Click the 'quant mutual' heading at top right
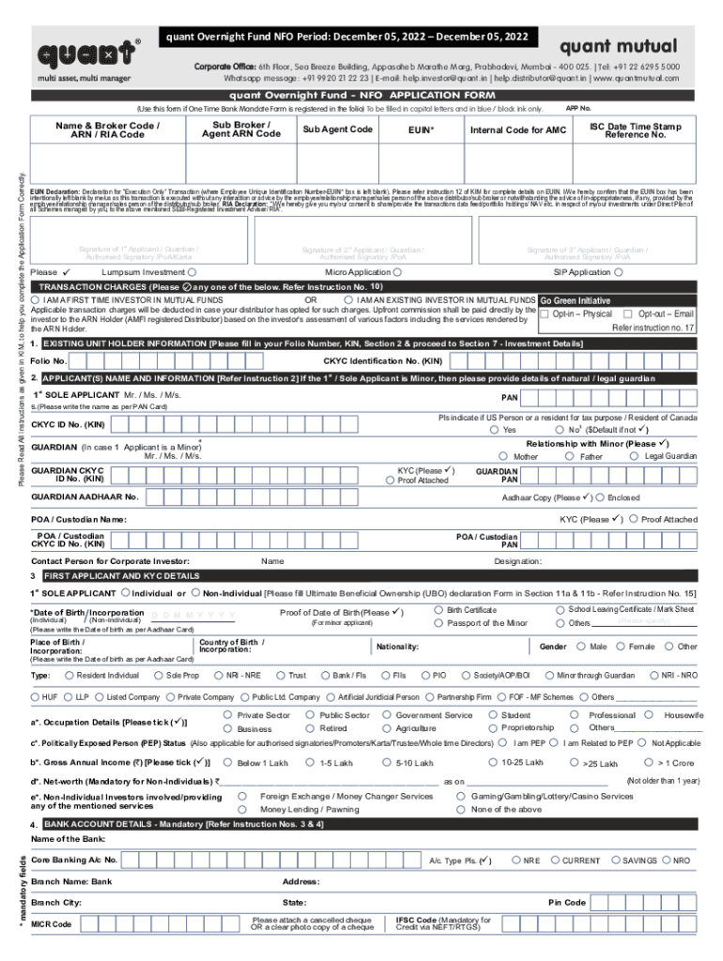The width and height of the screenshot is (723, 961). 618,46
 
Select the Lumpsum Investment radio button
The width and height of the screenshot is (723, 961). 192,272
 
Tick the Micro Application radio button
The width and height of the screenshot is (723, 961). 399,272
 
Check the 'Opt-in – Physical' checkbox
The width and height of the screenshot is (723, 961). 545,313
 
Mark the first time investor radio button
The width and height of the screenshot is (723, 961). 36,299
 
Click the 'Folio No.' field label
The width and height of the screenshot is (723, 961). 48,360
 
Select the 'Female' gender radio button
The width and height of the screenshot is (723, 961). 621,647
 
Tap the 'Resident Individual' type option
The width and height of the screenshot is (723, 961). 69,675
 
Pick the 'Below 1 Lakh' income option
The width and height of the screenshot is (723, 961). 228,763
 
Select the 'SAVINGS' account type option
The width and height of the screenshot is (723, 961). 616,860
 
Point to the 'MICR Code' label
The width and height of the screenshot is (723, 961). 51,924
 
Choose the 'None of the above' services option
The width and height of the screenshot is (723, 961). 461,809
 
